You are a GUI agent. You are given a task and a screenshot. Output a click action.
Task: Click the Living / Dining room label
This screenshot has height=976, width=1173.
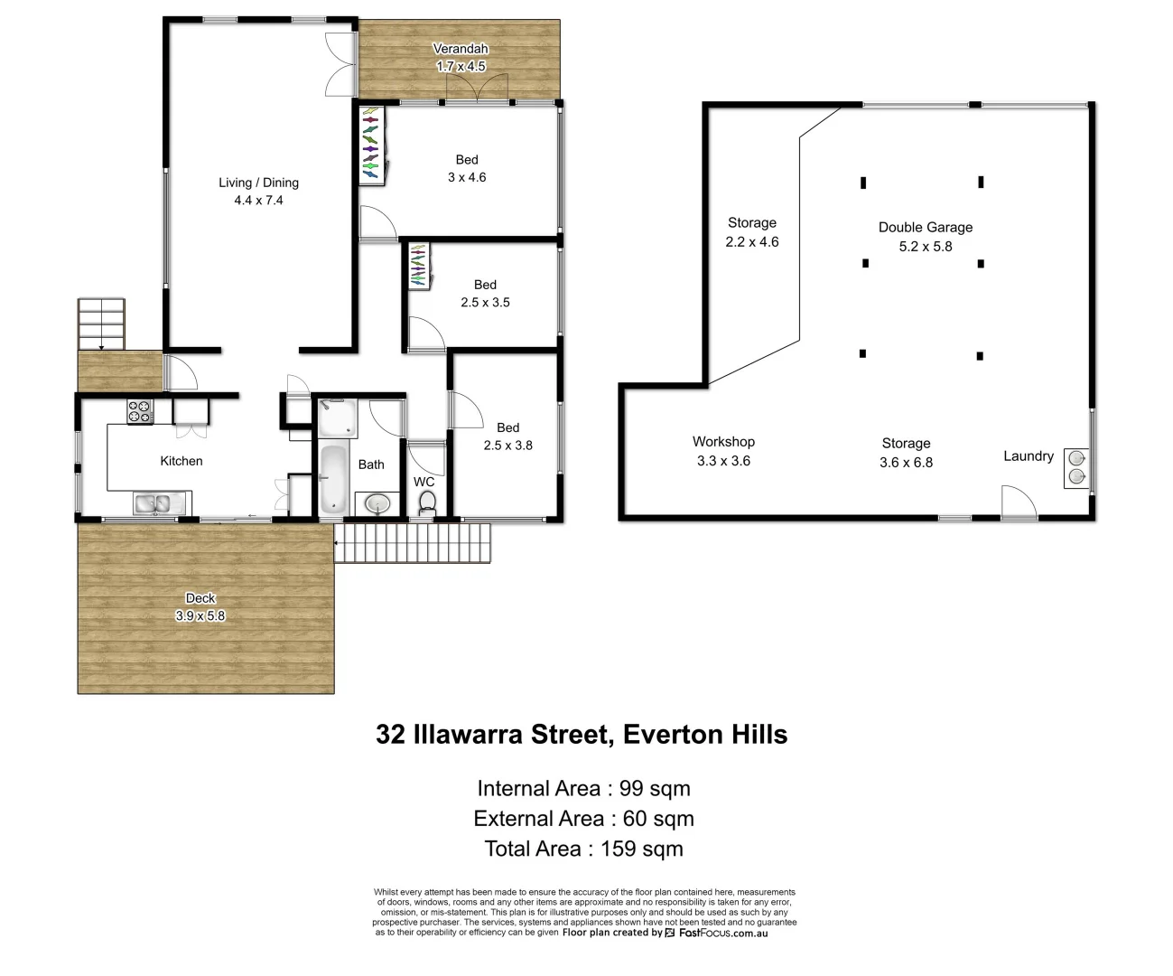point(258,183)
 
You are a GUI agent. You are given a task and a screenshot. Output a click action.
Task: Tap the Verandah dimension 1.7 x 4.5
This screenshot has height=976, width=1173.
point(461,66)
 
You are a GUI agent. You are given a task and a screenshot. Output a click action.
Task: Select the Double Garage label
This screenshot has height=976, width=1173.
point(926,228)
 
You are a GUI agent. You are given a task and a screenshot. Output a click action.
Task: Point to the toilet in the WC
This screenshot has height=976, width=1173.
point(427,502)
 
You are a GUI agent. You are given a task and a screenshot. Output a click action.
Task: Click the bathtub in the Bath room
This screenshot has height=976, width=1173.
point(333,479)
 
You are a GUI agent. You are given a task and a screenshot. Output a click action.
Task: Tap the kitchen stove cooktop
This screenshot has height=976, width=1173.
point(140,411)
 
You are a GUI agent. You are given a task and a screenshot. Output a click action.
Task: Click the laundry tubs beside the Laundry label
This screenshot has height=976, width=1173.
point(1076,467)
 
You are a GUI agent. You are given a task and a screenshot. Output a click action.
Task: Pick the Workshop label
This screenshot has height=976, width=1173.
point(723,442)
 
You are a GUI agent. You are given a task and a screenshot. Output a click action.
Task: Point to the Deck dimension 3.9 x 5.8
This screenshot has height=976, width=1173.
point(200,615)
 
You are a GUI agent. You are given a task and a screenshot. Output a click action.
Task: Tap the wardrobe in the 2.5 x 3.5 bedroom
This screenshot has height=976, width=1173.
point(417,266)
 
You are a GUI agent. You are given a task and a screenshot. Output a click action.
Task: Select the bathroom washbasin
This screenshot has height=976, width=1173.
point(377,502)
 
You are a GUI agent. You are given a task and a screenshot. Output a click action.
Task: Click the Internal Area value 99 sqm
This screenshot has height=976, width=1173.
point(655,789)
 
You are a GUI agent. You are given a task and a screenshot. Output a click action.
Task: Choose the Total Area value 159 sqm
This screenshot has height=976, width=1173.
point(641,849)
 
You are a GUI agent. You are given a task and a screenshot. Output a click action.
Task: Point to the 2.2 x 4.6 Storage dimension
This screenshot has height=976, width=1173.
point(751,242)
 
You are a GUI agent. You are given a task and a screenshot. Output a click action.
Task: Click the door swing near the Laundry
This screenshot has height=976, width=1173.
point(1017,502)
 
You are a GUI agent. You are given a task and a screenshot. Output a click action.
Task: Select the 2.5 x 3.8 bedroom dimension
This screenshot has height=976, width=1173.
point(507,446)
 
